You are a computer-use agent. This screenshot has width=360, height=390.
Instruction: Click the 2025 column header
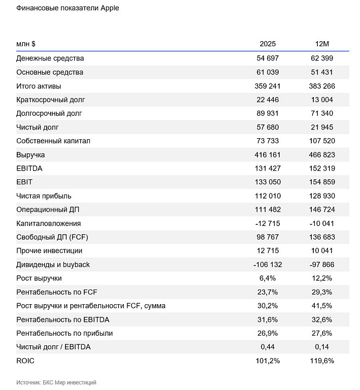(x=268, y=44)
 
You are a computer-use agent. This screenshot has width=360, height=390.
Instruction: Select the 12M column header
(x=322, y=44)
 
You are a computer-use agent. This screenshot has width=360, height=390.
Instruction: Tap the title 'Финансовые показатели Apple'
(x=68, y=8)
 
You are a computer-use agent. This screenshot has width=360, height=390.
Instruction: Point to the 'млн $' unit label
(x=26, y=44)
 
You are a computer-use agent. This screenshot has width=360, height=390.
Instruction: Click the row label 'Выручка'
(x=30, y=155)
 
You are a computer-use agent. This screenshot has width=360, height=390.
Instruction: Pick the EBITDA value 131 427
(x=268, y=169)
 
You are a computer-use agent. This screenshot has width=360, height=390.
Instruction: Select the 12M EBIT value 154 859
(x=322, y=182)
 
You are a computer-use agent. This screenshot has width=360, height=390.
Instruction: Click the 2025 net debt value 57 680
(x=268, y=127)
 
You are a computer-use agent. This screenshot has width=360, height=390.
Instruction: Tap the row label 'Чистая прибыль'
(x=44, y=196)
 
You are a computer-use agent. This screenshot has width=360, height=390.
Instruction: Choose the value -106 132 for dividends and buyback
(x=268, y=265)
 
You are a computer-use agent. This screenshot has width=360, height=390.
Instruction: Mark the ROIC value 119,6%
(x=322, y=361)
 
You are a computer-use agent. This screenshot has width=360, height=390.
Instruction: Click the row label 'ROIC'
(x=25, y=361)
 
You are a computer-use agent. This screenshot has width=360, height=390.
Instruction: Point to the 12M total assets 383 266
(x=322, y=86)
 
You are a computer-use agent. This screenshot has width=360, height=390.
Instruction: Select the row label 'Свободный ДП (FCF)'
(x=52, y=237)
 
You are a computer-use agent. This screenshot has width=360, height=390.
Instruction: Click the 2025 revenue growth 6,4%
(x=268, y=278)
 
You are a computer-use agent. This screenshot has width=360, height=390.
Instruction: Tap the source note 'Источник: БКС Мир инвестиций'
(x=56, y=382)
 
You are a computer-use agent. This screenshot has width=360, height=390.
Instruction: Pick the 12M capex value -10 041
(x=322, y=223)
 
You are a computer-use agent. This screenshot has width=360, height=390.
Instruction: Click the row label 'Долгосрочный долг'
(x=49, y=113)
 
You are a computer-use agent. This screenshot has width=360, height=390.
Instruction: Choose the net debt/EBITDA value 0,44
(x=268, y=347)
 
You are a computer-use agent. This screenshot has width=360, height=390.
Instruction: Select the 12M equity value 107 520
(x=322, y=141)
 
